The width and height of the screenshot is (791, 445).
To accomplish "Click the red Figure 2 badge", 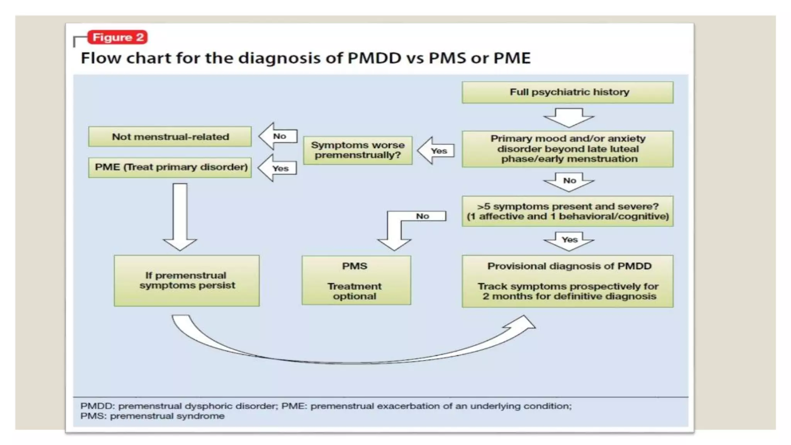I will (117, 37).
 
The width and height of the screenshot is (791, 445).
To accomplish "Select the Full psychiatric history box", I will (567, 92).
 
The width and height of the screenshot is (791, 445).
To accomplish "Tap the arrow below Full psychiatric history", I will (569, 117).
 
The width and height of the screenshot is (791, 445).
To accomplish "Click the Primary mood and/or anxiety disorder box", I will (567, 149).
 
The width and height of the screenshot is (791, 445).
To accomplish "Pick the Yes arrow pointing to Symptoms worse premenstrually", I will (436, 151).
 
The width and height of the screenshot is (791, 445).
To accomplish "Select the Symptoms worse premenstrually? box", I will (358, 150).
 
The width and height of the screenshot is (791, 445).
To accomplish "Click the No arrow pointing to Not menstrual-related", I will (278, 136).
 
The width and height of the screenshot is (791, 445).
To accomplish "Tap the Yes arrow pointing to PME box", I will (278, 168).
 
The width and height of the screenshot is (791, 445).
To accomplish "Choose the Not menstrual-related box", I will (170, 137).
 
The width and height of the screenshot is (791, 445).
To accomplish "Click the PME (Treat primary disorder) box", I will (170, 167).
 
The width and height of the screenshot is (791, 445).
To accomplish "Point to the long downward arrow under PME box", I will (180, 216).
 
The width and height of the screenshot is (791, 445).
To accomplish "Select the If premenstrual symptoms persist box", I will (187, 280).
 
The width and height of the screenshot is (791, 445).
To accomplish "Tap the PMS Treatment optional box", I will (356, 280).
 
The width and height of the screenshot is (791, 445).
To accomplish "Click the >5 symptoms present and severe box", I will (567, 211).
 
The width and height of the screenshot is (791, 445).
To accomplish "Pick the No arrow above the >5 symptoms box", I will (569, 182).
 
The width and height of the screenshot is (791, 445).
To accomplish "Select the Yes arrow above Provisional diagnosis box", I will (569, 241).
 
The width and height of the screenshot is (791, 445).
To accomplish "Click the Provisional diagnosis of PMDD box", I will (567, 281).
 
